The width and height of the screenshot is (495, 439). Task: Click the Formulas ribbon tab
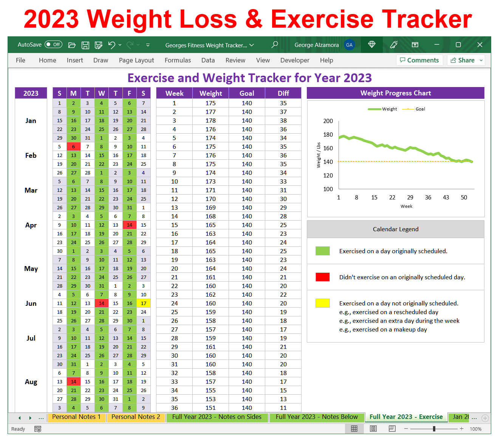(x=178, y=60)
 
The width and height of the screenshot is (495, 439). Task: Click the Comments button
(x=419, y=60)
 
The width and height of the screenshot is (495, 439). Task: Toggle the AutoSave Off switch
(x=53, y=45)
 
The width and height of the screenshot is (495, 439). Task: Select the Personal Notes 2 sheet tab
(x=136, y=417)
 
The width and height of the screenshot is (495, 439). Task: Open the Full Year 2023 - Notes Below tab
(x=316, y=417)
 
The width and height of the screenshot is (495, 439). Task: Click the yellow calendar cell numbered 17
(x=143, y=304)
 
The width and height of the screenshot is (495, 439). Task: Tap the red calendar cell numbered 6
(x=73, y=147)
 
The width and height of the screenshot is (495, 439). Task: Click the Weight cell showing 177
(x=210, y=112)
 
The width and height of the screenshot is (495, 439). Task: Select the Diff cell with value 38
(x=283, y=121)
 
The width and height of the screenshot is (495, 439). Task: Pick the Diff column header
(x=283, y=93)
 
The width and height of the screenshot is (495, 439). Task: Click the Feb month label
(x=31, y=156)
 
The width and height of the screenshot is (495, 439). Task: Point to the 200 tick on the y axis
(x=328, y=121)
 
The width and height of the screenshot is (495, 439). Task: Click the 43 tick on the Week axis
(x=446, y=198)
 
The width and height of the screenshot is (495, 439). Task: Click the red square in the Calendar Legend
(x=322, y=277)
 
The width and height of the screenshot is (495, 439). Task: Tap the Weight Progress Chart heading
(x=395, y=93)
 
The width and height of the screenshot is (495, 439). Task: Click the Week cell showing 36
(x=174, y=408)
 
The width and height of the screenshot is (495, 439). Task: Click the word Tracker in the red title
(x=427, y=19)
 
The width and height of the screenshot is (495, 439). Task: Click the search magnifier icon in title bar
(x=275, y=45)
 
